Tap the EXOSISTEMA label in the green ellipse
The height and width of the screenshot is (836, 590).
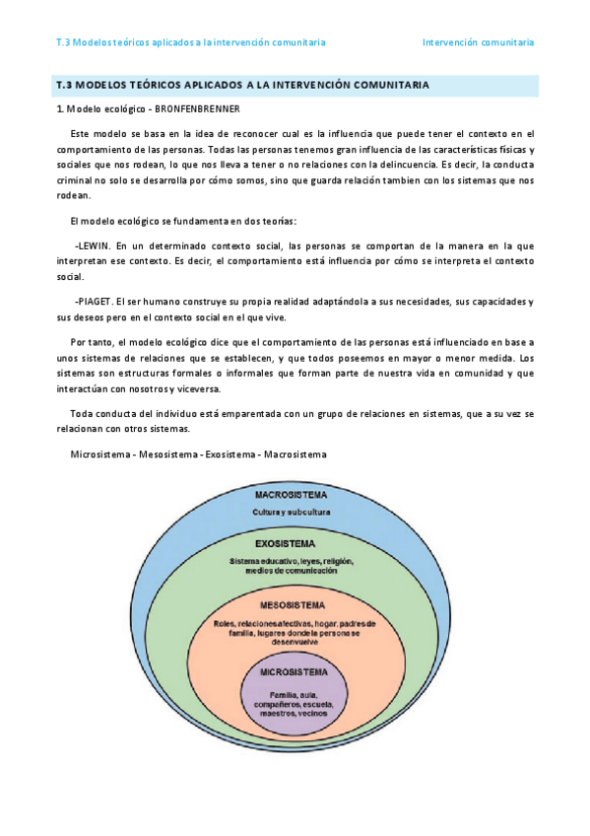pos(286,543)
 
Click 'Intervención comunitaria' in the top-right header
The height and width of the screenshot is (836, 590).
pos(478,43)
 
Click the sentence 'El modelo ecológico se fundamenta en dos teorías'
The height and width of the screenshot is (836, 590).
pos(183,221)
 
